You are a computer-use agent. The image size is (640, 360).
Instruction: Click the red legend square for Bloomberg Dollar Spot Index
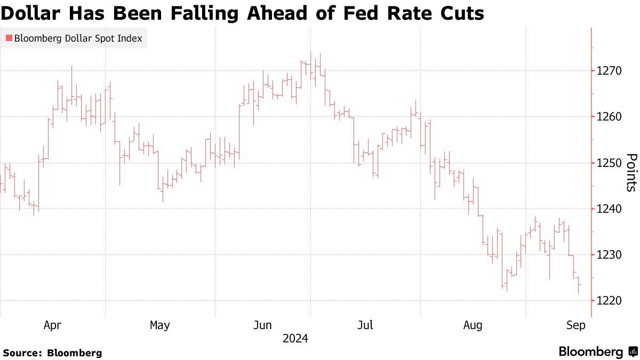click(x=9, y=38)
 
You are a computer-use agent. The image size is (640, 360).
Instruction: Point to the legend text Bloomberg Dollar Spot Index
click(x=78, y=38)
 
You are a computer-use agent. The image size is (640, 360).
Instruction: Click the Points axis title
click(x=631, y=172)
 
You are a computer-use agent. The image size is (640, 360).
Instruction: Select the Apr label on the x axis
click(x=52, y=325)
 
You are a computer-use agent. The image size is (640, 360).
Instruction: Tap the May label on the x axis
click(x=159, y=325)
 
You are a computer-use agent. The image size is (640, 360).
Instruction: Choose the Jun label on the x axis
click(x=263, y=325)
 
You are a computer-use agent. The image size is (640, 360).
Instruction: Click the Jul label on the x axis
click(x=365, y=325)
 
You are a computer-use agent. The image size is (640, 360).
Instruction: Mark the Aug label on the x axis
click(x=473, y=325)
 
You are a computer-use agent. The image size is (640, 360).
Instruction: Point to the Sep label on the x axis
click(x=576, y=325)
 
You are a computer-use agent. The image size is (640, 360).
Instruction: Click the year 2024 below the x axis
click(x=295, y=339)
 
